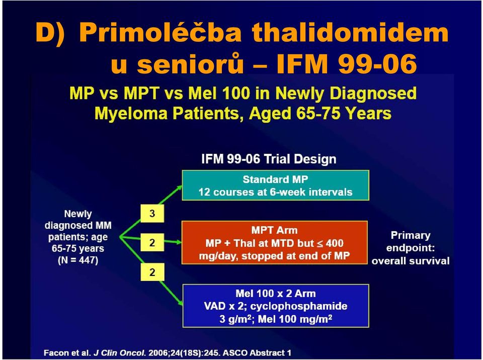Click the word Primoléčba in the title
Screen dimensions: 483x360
(160, 33)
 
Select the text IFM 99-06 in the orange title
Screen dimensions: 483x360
(347, 64)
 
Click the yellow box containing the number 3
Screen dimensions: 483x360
(152, 213)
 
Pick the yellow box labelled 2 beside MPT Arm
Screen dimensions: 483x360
(152, 243)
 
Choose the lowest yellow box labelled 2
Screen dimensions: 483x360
(152, 272)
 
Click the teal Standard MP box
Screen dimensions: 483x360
(275, 186)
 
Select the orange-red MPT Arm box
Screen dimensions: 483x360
(275, 242)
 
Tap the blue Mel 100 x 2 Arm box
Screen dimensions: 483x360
(276, 306)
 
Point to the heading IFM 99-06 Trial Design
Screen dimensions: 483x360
(269, 159)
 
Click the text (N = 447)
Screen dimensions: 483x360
(78, 260)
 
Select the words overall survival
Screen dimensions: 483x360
(411, 261)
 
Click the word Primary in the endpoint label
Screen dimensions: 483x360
(411, 235)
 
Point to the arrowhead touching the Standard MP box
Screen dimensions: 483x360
(178, 188)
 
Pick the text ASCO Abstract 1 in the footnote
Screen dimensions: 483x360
(257, 352)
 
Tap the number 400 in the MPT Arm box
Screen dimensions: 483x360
(334, 243)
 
